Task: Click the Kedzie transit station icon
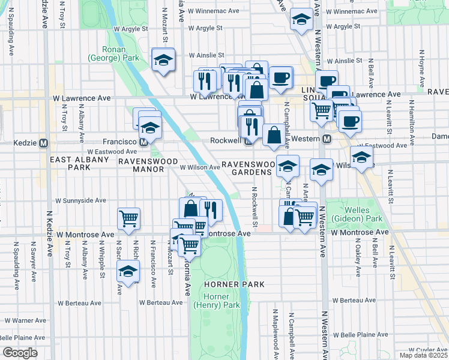43,143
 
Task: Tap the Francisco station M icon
143,143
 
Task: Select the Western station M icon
327,139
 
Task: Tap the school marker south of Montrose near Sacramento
127,271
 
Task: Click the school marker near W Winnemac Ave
301,20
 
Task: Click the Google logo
20,353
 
